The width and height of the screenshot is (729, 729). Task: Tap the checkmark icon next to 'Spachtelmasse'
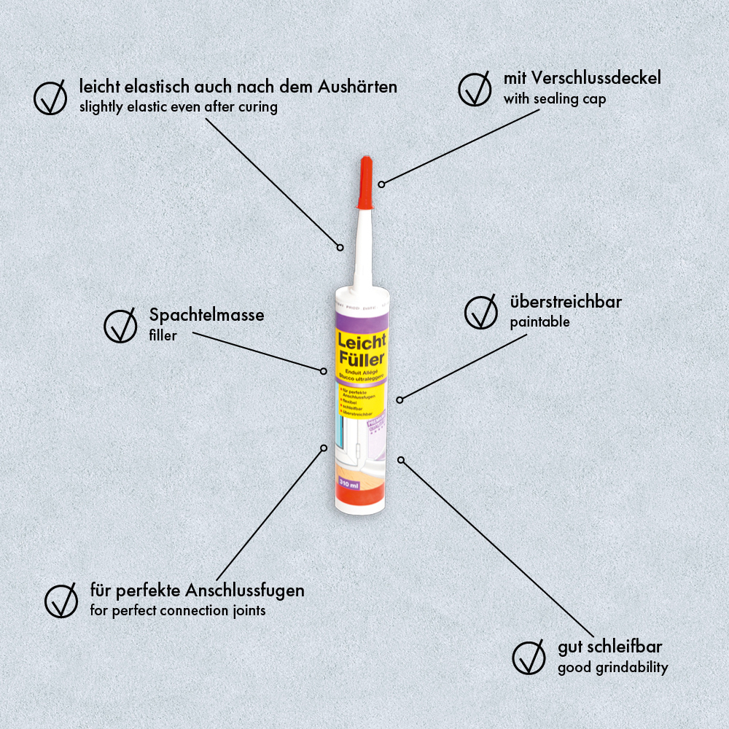click(x=120, y=326)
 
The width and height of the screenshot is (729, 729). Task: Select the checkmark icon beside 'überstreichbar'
click(x=481, y=312)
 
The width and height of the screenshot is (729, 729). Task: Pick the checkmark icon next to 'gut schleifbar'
click(x=529, y=658)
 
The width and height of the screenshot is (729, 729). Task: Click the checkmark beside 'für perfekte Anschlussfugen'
click(x=61, y=600)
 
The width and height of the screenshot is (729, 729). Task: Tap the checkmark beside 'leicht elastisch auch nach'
click(x=51, y=97)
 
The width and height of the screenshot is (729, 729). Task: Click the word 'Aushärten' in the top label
click(x=358, y=87)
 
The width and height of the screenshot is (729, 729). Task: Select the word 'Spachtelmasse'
click(x=206, y=315)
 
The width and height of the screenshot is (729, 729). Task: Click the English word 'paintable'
click(x=540, y=321)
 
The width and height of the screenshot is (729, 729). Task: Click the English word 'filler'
click(x=163, y=336)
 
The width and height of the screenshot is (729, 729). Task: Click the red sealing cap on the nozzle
click(x=366, y=182)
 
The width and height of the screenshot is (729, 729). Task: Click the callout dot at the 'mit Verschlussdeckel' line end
click(x=381, y=184)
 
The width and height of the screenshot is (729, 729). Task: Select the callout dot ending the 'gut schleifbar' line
click(x=400, y=459)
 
